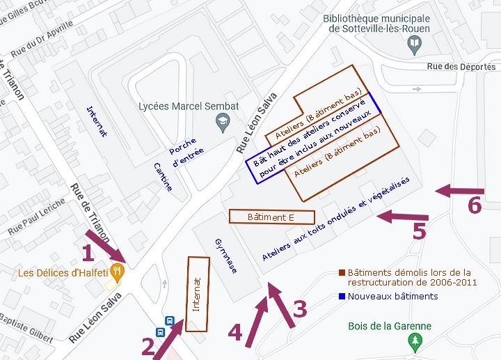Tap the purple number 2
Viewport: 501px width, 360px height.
pyautogui.click(x=148, y=345)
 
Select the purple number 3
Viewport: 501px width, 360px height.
pyautogui.click(x=300, y=308)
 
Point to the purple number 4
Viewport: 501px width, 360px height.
pyautogui.click(x=236, y=332)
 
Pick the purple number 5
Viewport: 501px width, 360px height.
pyautogui.click(x=419, y=230)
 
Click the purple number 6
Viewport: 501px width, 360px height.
pyautogui.click(x=475, y=205)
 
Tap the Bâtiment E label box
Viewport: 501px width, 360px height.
pyautogui.click(x=272, y=217)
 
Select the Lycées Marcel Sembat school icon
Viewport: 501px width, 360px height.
pyautogui.click(x=223, y=123)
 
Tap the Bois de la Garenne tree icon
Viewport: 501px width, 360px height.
pyautogui.click(x=415, y=341)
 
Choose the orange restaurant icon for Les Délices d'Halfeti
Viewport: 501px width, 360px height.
pyautogui.click(x=118, y=273)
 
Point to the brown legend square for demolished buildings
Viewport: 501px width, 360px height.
pyautogui.click(x=342, y=272)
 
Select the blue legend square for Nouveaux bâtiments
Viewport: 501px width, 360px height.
pyautogui.click(x=342, y=296)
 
